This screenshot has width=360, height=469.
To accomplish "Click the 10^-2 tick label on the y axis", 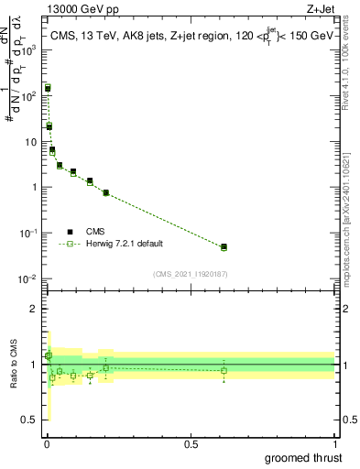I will (30, 278).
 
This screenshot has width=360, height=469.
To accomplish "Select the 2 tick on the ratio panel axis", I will (35, 309).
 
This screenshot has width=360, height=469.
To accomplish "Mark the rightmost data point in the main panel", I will (224, 246).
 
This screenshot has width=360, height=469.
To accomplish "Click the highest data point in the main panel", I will (48, 88).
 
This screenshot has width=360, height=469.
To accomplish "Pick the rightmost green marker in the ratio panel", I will (224, 370).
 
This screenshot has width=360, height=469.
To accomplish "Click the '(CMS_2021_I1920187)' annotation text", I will (191, 273).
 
